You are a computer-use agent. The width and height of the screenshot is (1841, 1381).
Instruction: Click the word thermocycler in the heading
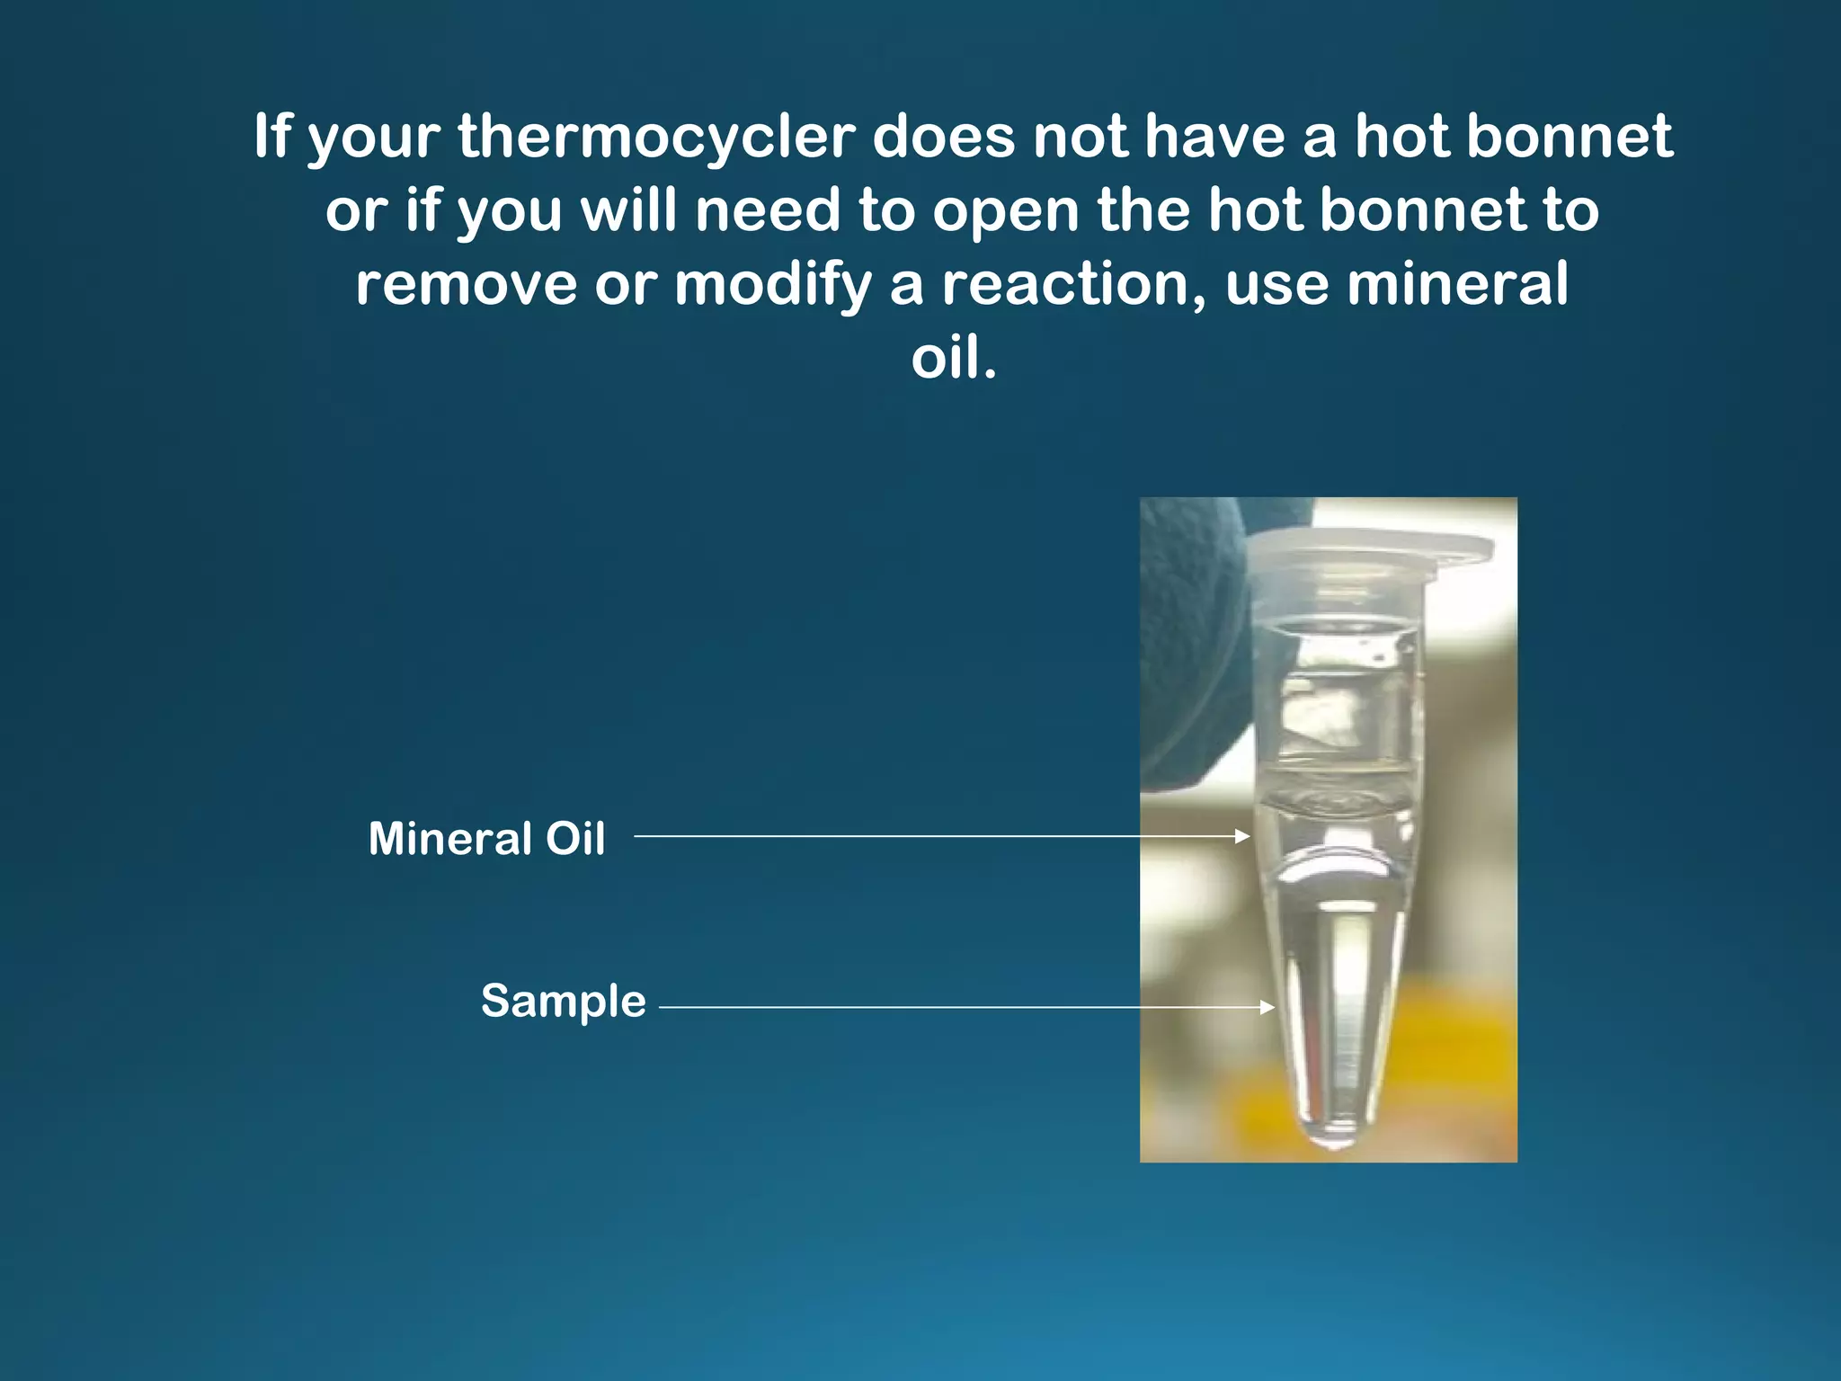point(656,137)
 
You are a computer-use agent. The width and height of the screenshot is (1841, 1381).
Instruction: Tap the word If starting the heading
point(272,137)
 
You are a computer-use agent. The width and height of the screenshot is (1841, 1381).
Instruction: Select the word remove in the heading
point(465,284)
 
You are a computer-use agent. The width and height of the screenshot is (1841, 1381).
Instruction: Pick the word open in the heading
point(1005,210)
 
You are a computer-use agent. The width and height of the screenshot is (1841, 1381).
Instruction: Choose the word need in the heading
point(767,210)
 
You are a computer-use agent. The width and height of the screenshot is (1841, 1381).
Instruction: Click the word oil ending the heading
point(953,358)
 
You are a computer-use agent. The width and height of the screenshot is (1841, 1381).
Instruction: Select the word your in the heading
point(373,138)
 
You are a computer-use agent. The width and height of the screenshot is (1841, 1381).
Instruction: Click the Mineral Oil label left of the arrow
point(486,838)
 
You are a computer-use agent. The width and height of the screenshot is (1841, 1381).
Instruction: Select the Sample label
point(564,1001)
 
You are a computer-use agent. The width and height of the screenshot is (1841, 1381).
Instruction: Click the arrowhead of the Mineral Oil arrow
point(1244,836)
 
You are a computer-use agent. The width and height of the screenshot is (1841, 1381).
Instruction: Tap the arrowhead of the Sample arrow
point(1268,1007)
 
